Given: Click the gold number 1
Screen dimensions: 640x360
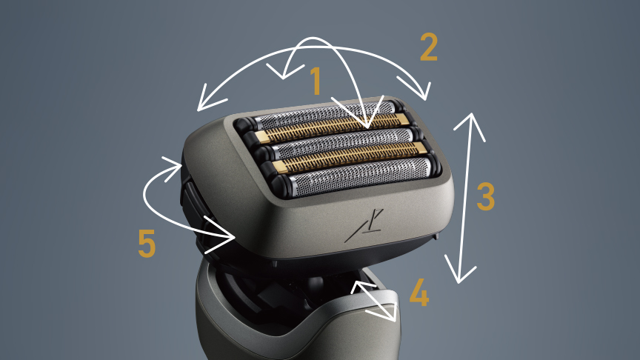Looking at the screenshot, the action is pyautogui.click(x=316, y=81).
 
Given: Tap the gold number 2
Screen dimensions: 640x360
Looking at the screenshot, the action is pyautogui.click(x=429, y=47).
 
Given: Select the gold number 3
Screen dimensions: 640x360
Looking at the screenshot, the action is pyautogui.click(x=486, y=196).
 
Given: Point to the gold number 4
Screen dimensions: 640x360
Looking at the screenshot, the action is pyautogui.click(x=419, y=293).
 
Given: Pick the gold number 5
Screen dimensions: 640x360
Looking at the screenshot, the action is pyautogui.click(x=147, y=243).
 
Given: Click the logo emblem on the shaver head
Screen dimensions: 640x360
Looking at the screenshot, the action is pyautogui.click(x=364, y=225).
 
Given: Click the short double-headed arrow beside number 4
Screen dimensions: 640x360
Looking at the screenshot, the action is pyautogui.click(x=373, y=301).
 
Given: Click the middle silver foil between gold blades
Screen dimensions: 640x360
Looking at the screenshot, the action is pyautogui.click(x=343, y=143).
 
